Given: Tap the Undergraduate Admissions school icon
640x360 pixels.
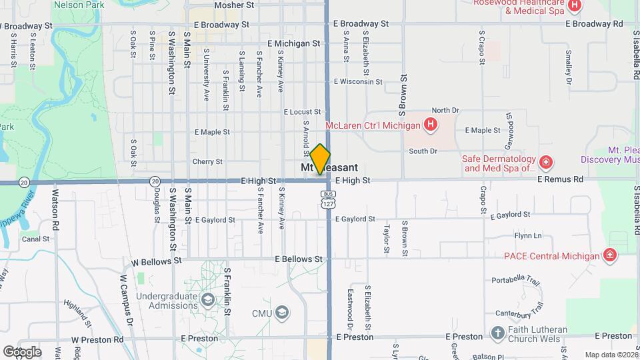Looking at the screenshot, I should [208, 300].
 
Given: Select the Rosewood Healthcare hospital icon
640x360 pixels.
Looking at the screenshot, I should [575, 6].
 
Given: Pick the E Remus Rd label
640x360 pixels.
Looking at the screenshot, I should [559, 179].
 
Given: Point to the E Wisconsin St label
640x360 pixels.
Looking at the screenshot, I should [358, 82].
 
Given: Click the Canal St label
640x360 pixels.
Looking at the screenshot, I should [36, 239].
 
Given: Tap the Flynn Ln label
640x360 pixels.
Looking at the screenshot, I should [527, 235].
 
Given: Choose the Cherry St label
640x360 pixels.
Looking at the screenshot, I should [207, 161].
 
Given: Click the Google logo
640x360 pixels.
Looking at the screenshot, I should [22, 351].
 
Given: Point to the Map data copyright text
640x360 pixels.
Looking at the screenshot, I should [611, 355].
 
